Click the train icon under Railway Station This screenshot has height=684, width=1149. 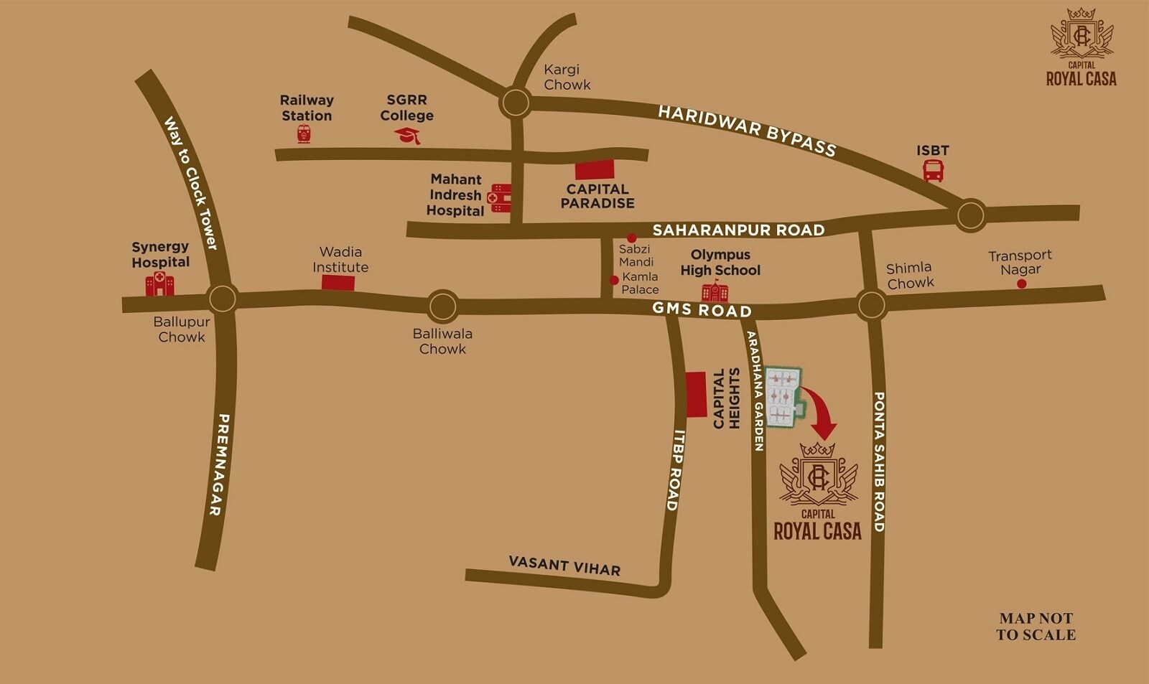[x=304, y=133]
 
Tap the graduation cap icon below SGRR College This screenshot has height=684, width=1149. [x=408, y=136]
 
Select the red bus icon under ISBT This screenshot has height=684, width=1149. [x=933, y=171]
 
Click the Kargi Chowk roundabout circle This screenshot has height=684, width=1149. [x=516, y=103]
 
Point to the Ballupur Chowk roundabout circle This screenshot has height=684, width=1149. [x=222, y=298]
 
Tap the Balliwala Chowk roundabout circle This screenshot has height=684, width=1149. [x=442, y=306]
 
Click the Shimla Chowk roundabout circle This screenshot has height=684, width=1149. [x=871, y=304]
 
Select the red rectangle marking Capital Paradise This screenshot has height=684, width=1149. [x=595, y=169]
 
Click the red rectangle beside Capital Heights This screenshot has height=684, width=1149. [x=696, y=394]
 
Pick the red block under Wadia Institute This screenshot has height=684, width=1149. [x=338, y=283]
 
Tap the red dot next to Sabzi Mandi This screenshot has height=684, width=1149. [x=631, y=238]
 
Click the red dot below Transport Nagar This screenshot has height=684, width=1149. [x=1021, y=284]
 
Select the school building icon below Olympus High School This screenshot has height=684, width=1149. [x=715, y=291]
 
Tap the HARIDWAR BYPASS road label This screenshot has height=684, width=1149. [x=747, y=131]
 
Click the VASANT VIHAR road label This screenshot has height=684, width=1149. [x=564, y=566]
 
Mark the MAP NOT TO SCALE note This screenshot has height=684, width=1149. [x=1036, y=626]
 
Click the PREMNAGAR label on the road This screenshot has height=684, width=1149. [x=219, y=464]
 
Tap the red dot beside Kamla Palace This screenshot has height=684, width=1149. [x=614, y=280]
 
